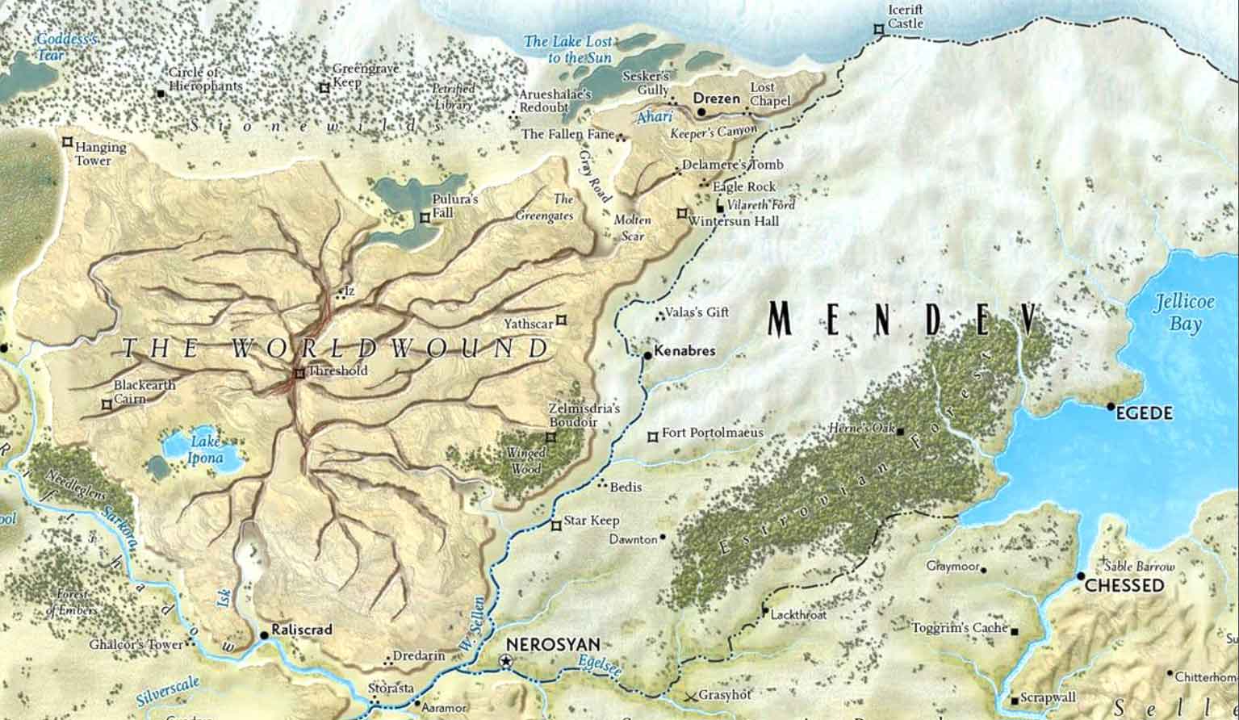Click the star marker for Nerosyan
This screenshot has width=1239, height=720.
click(506, 661)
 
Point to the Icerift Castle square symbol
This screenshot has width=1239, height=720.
click(878, 29)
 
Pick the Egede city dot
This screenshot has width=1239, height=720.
click(1111, 407)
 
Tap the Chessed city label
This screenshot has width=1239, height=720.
click(1124, 586)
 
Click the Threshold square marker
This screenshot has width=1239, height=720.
click(299, 373)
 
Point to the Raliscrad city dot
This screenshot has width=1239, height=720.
click(264, 636)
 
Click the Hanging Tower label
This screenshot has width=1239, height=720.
click(100, 153)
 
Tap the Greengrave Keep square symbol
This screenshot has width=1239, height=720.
click(324, 87)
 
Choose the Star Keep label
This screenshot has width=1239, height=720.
click(591, 521)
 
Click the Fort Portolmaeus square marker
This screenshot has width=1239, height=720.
click(652, 437)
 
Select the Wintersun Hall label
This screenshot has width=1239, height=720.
click(735, 220)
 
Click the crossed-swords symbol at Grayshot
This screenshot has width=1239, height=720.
click(689, 696)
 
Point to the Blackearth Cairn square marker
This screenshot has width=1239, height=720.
click(106, 404)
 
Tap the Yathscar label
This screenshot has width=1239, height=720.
click(529, 324)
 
